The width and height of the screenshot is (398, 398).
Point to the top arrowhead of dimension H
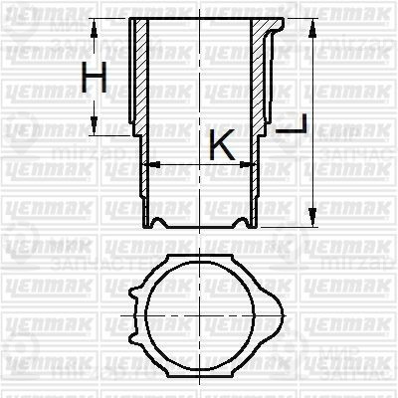95,25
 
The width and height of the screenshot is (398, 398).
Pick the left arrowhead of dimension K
150,163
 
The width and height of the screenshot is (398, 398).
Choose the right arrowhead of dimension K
254,163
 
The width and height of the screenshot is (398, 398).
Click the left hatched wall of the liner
140,80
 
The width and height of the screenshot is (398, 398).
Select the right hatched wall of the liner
266,80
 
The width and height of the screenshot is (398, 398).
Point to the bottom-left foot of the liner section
150,221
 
